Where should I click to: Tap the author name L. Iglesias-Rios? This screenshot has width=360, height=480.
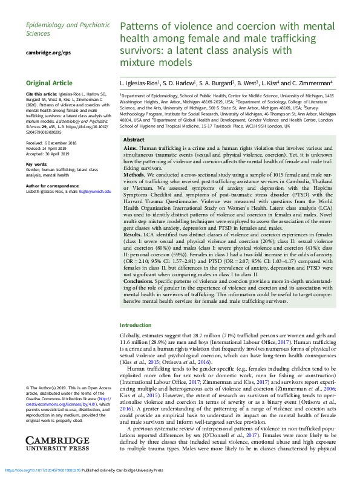[139, 83]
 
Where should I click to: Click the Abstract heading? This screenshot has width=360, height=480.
[134, 140]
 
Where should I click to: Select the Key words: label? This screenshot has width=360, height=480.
[38, 164]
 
